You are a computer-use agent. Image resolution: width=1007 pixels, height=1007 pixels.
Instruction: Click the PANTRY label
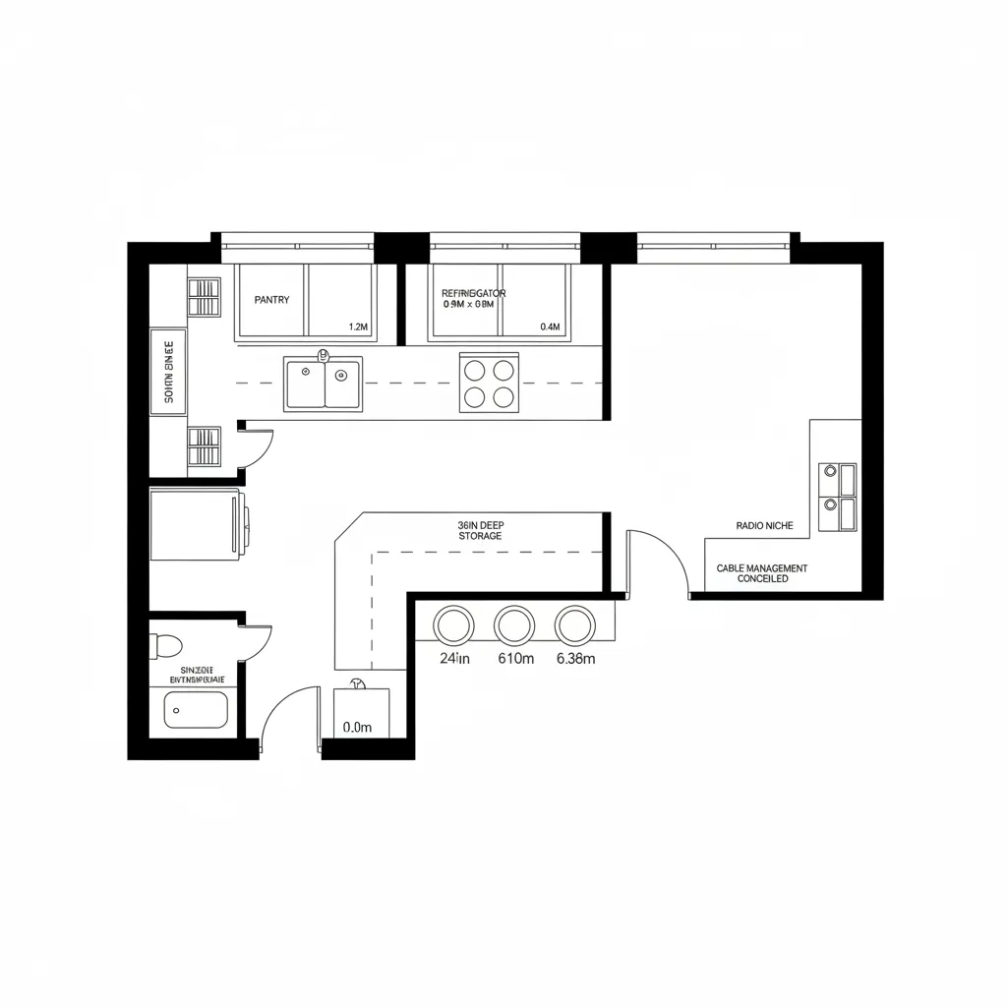point(271,300)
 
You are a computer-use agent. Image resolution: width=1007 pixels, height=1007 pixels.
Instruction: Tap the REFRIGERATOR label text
point(473,293)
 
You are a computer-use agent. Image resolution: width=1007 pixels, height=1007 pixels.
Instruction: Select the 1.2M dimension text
point(358,326)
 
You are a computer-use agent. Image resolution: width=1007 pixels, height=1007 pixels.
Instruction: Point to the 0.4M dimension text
point(549,326)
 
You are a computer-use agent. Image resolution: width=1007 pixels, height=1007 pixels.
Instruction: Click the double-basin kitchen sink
point(324,384)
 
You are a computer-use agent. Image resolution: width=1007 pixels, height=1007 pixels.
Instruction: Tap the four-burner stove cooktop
point(489,384)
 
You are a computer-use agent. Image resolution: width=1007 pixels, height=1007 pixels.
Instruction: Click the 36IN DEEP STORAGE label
point(480,531)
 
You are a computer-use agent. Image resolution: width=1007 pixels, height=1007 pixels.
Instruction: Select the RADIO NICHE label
point(764,526)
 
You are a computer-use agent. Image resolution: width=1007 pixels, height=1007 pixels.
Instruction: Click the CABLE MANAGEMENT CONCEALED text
point(762,574)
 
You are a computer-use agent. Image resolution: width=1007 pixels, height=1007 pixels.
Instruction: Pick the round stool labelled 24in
point(453,624)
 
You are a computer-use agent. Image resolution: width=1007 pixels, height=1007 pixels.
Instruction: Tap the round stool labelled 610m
point(514,624)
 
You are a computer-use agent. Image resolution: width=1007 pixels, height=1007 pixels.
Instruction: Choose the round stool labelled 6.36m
point(575,624)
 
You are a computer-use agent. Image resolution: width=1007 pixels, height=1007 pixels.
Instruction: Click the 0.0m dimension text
point(357,728)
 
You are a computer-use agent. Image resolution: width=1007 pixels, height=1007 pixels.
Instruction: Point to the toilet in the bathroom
point(166,646)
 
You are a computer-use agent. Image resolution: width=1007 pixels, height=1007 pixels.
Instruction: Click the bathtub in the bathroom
point(196,708)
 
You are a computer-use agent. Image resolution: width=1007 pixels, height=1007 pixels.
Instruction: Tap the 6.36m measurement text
point(575,659)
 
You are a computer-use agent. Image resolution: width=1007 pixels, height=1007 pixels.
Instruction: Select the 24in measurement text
point(454,659)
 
